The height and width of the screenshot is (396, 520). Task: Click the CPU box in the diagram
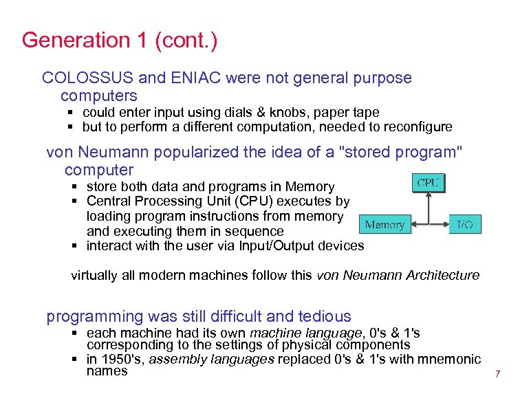coord(429,183)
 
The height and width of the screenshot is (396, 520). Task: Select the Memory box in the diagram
coord(384,225)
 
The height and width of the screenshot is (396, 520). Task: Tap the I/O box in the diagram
coord(465,225)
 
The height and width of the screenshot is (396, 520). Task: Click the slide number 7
coord(497,375)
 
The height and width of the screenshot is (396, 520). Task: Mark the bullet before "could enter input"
coord(71,112)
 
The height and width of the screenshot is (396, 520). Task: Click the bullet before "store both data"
coord(75,187)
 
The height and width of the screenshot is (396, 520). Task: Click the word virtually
coord(95,275)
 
